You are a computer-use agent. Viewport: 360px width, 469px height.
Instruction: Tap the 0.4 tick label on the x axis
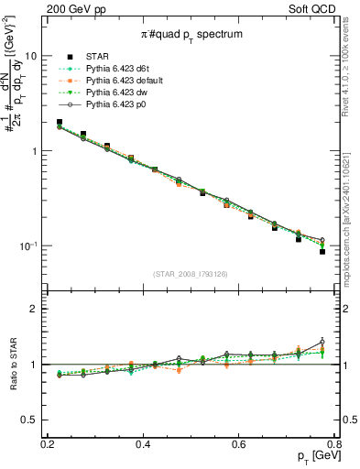point(143,444)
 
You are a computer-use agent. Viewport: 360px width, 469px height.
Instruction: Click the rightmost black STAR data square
point(322,251)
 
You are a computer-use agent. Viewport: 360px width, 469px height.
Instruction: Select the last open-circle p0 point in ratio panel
point(322,342)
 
